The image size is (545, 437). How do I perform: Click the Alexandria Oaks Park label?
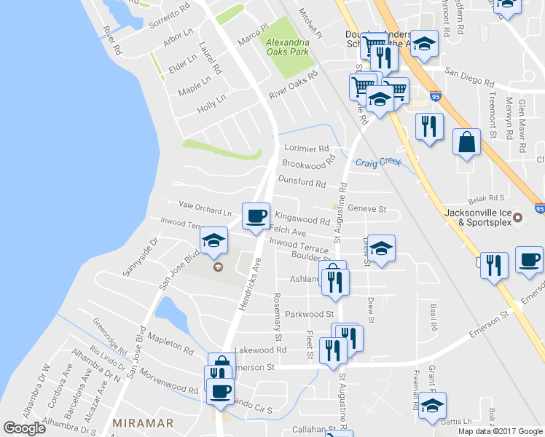pos(287,47)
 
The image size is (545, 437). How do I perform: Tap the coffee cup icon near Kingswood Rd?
pos(256,216)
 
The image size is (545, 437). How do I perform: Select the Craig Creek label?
pos(378,162)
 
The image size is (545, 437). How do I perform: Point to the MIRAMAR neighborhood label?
pos(143,422)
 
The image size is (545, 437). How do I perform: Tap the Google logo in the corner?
pos(24,428)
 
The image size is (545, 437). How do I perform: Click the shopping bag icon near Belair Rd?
pos(466,141)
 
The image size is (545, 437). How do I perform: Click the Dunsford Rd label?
pos(301,182)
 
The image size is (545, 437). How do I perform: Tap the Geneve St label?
pos(366,208)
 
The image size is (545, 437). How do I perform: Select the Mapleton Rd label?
pos(170,342)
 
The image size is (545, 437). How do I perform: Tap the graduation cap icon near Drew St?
pos(381,248)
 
